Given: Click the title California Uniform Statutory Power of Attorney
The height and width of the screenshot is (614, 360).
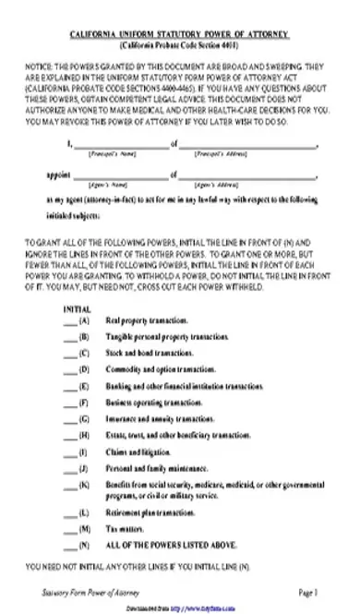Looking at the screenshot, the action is coord(179,34).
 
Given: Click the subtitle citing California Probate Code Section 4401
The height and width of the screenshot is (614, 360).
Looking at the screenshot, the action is coord(179,44).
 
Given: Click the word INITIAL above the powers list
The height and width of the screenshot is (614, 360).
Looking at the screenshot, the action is coord(76,307).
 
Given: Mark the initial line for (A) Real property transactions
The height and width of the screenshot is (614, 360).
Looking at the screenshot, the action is coord(70,321).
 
